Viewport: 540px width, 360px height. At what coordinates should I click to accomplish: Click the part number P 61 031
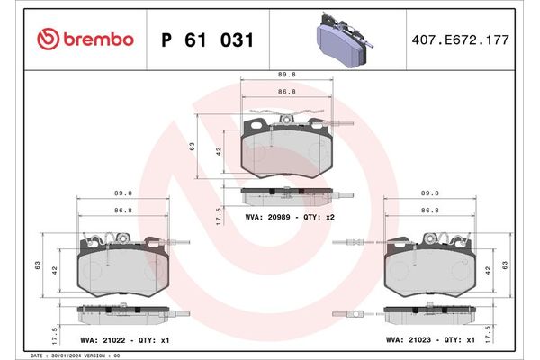click(207, 40)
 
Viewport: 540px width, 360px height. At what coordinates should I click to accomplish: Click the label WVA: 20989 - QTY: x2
click(290, 218)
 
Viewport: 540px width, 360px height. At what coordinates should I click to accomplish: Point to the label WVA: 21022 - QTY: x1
click(126, 341)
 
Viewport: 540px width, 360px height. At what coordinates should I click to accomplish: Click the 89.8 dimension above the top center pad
click(288, 76)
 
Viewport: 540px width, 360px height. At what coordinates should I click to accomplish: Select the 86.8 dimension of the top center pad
click(288, 92)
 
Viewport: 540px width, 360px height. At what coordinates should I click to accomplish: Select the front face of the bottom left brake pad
click(124, 270)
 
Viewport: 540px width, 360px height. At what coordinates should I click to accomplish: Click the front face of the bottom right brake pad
click(430, 270)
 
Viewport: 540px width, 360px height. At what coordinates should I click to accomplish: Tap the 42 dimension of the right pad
click(489, 269)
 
